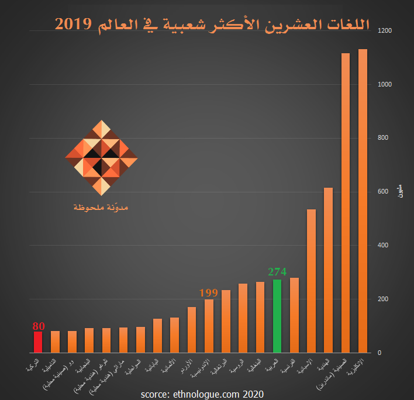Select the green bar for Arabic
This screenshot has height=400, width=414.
[277, 316]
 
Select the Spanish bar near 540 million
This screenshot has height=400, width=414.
[311, 281]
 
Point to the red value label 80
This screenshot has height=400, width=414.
[39, 326]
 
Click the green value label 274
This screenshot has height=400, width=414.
[277, 272]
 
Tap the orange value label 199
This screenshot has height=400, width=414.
[208, 292]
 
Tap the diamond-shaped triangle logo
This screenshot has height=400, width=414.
[102, 158]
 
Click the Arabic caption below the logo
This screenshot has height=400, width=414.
[101, 207]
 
